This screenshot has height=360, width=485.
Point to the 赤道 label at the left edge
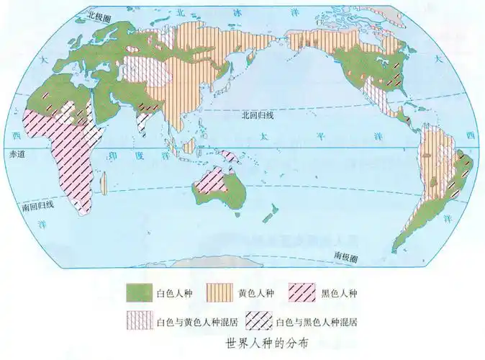coord(17,154)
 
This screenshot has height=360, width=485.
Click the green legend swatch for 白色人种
coord(139,292)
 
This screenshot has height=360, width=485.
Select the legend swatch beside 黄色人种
coord(219,292)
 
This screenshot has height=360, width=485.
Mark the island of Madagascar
coord(105,183)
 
